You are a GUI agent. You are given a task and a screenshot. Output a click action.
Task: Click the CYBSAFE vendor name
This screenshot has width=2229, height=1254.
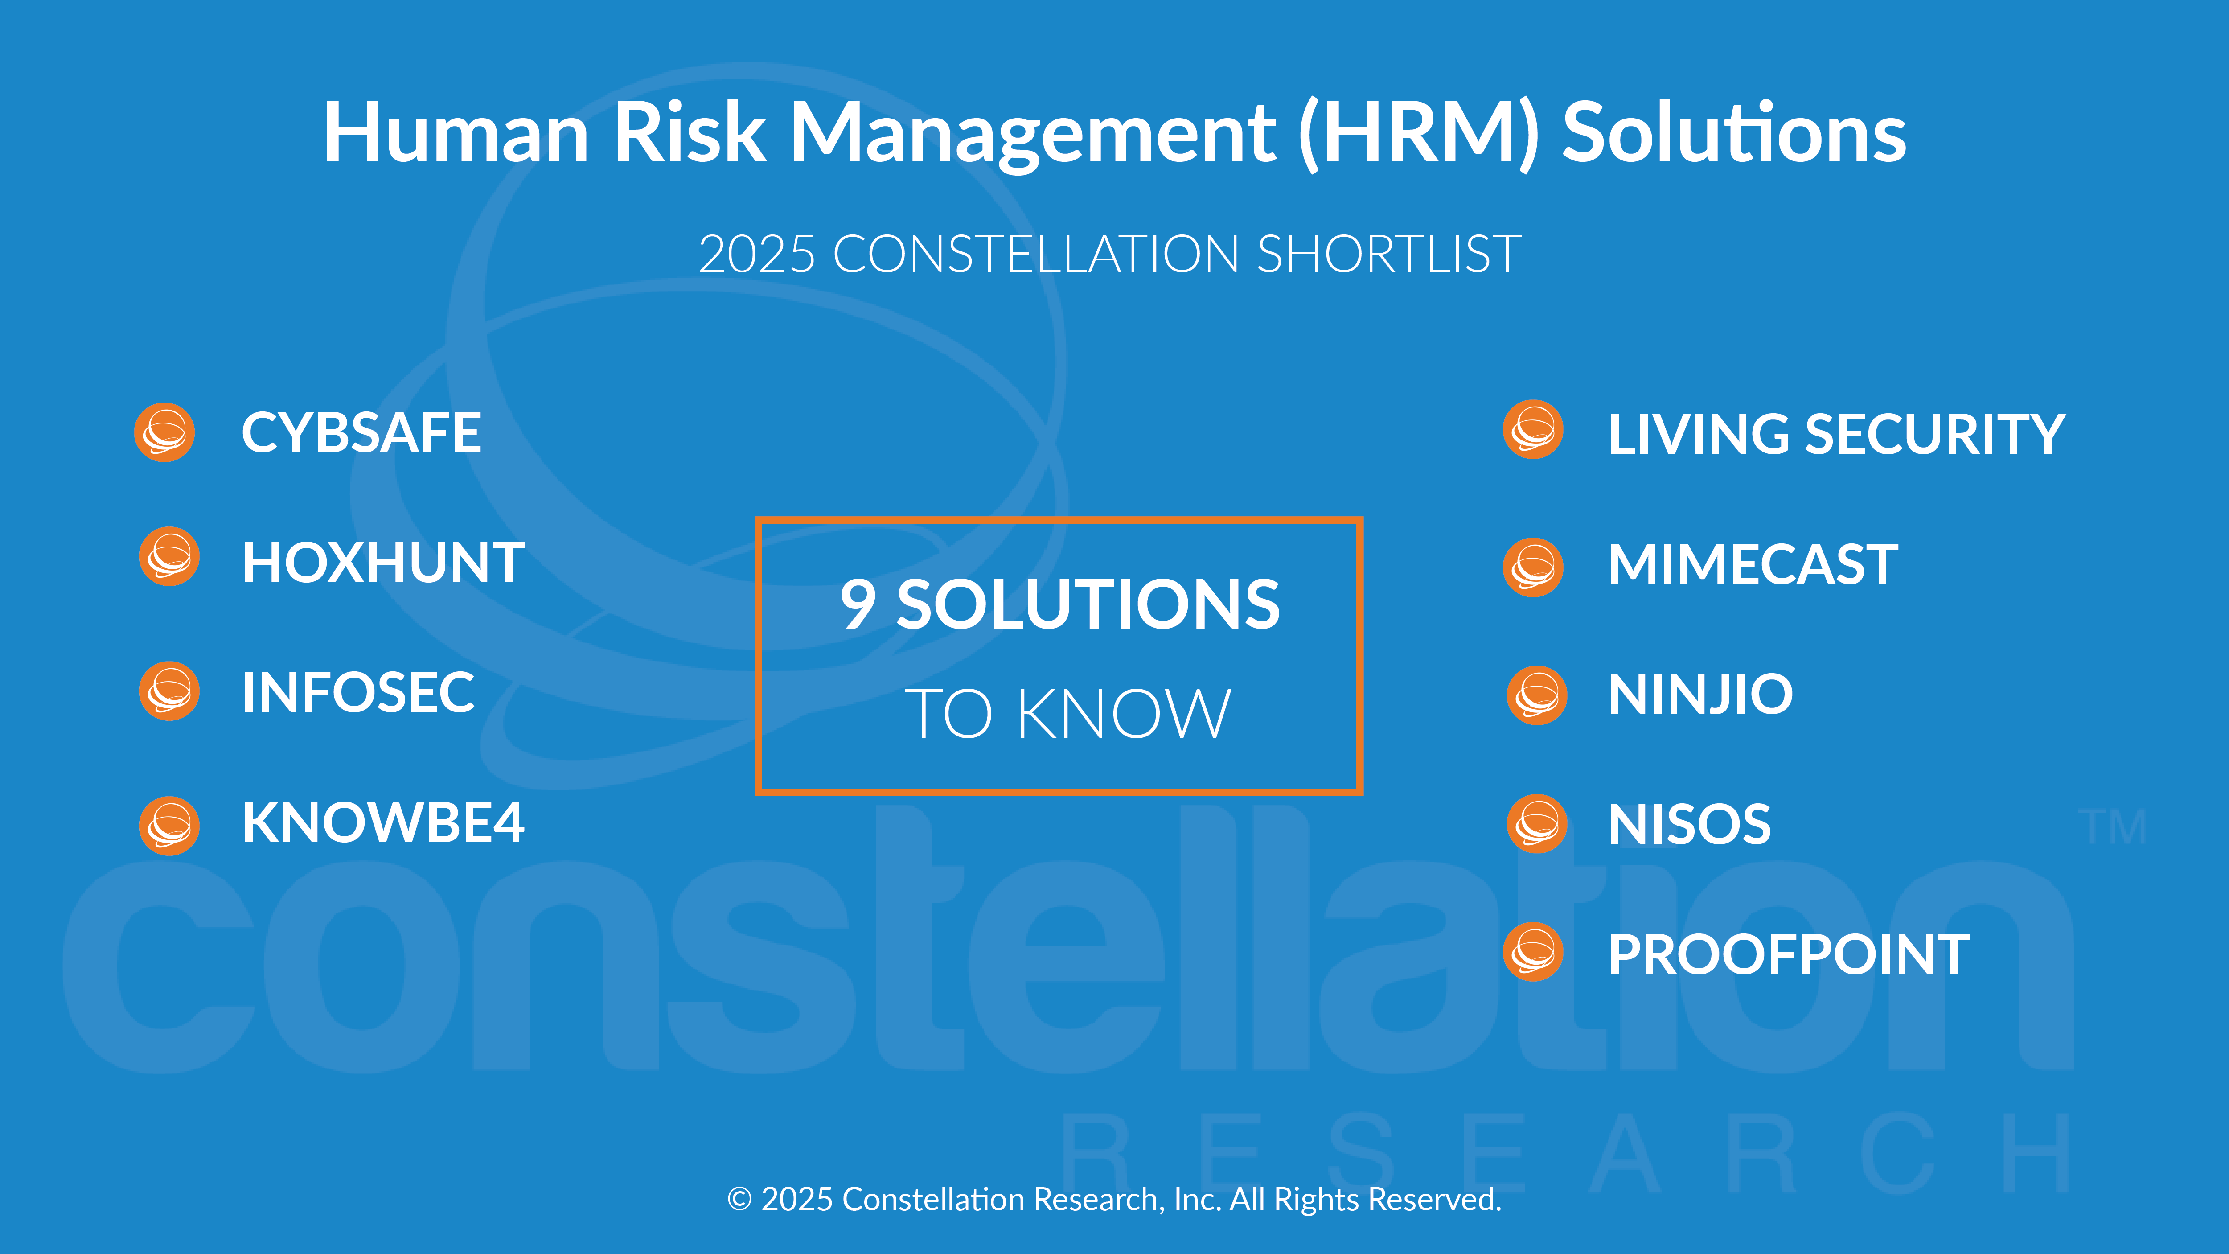click(x=361, y=433)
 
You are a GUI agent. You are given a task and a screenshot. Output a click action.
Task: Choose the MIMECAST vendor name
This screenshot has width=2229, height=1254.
click(x=1753, y=564)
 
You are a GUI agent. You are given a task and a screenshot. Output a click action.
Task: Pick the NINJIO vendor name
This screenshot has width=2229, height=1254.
click(x=1700, y=694)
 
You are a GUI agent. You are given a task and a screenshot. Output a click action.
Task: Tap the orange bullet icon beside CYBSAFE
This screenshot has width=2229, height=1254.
click(x=164, y=432)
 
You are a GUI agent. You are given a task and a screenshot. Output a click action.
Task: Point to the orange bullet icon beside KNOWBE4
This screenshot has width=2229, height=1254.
click(x=170, y=826)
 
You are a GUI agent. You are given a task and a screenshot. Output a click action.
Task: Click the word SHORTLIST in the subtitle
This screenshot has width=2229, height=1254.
click(x=1389, y=255)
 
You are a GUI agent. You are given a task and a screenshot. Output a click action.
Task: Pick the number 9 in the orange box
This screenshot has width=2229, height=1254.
click(x=858, y=604)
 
